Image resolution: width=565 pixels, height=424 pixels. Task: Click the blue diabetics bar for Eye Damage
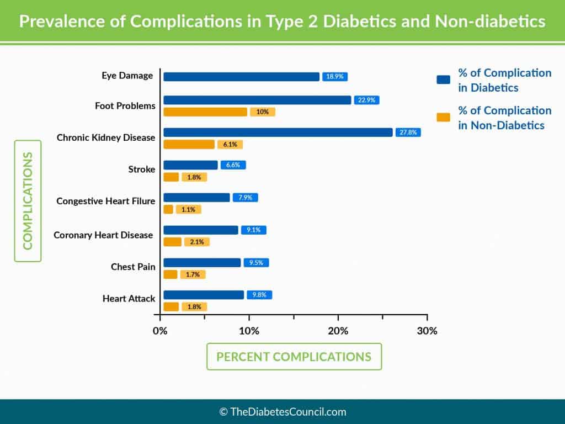point(241,77)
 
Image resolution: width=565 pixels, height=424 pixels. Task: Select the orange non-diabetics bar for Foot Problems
point(205,112)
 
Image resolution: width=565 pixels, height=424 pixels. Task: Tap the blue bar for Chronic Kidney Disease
point(278,132)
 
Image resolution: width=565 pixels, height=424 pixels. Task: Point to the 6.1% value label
point(230,145)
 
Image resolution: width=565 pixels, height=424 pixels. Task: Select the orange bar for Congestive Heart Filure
point(168,210)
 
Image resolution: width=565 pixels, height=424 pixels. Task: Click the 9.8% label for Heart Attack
point(259,295)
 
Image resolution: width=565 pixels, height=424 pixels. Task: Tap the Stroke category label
point(141,169)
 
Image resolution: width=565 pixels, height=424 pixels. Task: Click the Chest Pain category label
point(133,267)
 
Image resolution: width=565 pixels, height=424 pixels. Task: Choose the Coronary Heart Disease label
point(103,235)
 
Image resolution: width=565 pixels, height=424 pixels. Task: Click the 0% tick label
point(160,331)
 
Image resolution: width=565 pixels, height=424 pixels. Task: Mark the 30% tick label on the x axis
point(427,331)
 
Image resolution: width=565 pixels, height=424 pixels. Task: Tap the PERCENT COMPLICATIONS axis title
point(294,356)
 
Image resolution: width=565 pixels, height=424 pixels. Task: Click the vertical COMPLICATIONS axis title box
point(28,201)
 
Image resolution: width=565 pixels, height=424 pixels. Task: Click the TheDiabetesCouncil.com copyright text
point(282,411)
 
